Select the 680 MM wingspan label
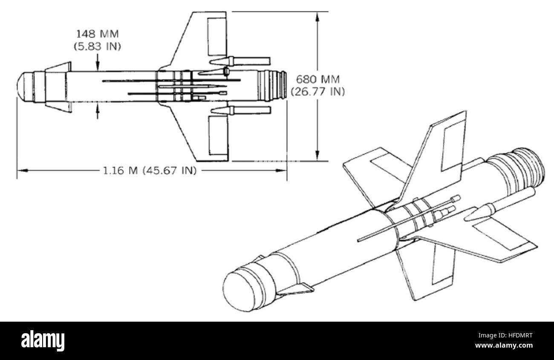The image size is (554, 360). click(317, 79)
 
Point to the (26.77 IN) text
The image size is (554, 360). click(317, 91)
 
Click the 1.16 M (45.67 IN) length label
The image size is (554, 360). click(150, 170)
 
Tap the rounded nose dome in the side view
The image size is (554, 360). click(24, 87)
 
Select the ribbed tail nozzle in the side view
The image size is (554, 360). click(273, 86)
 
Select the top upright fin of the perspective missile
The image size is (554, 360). click(439, 158)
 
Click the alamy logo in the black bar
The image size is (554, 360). click(43, 341)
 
